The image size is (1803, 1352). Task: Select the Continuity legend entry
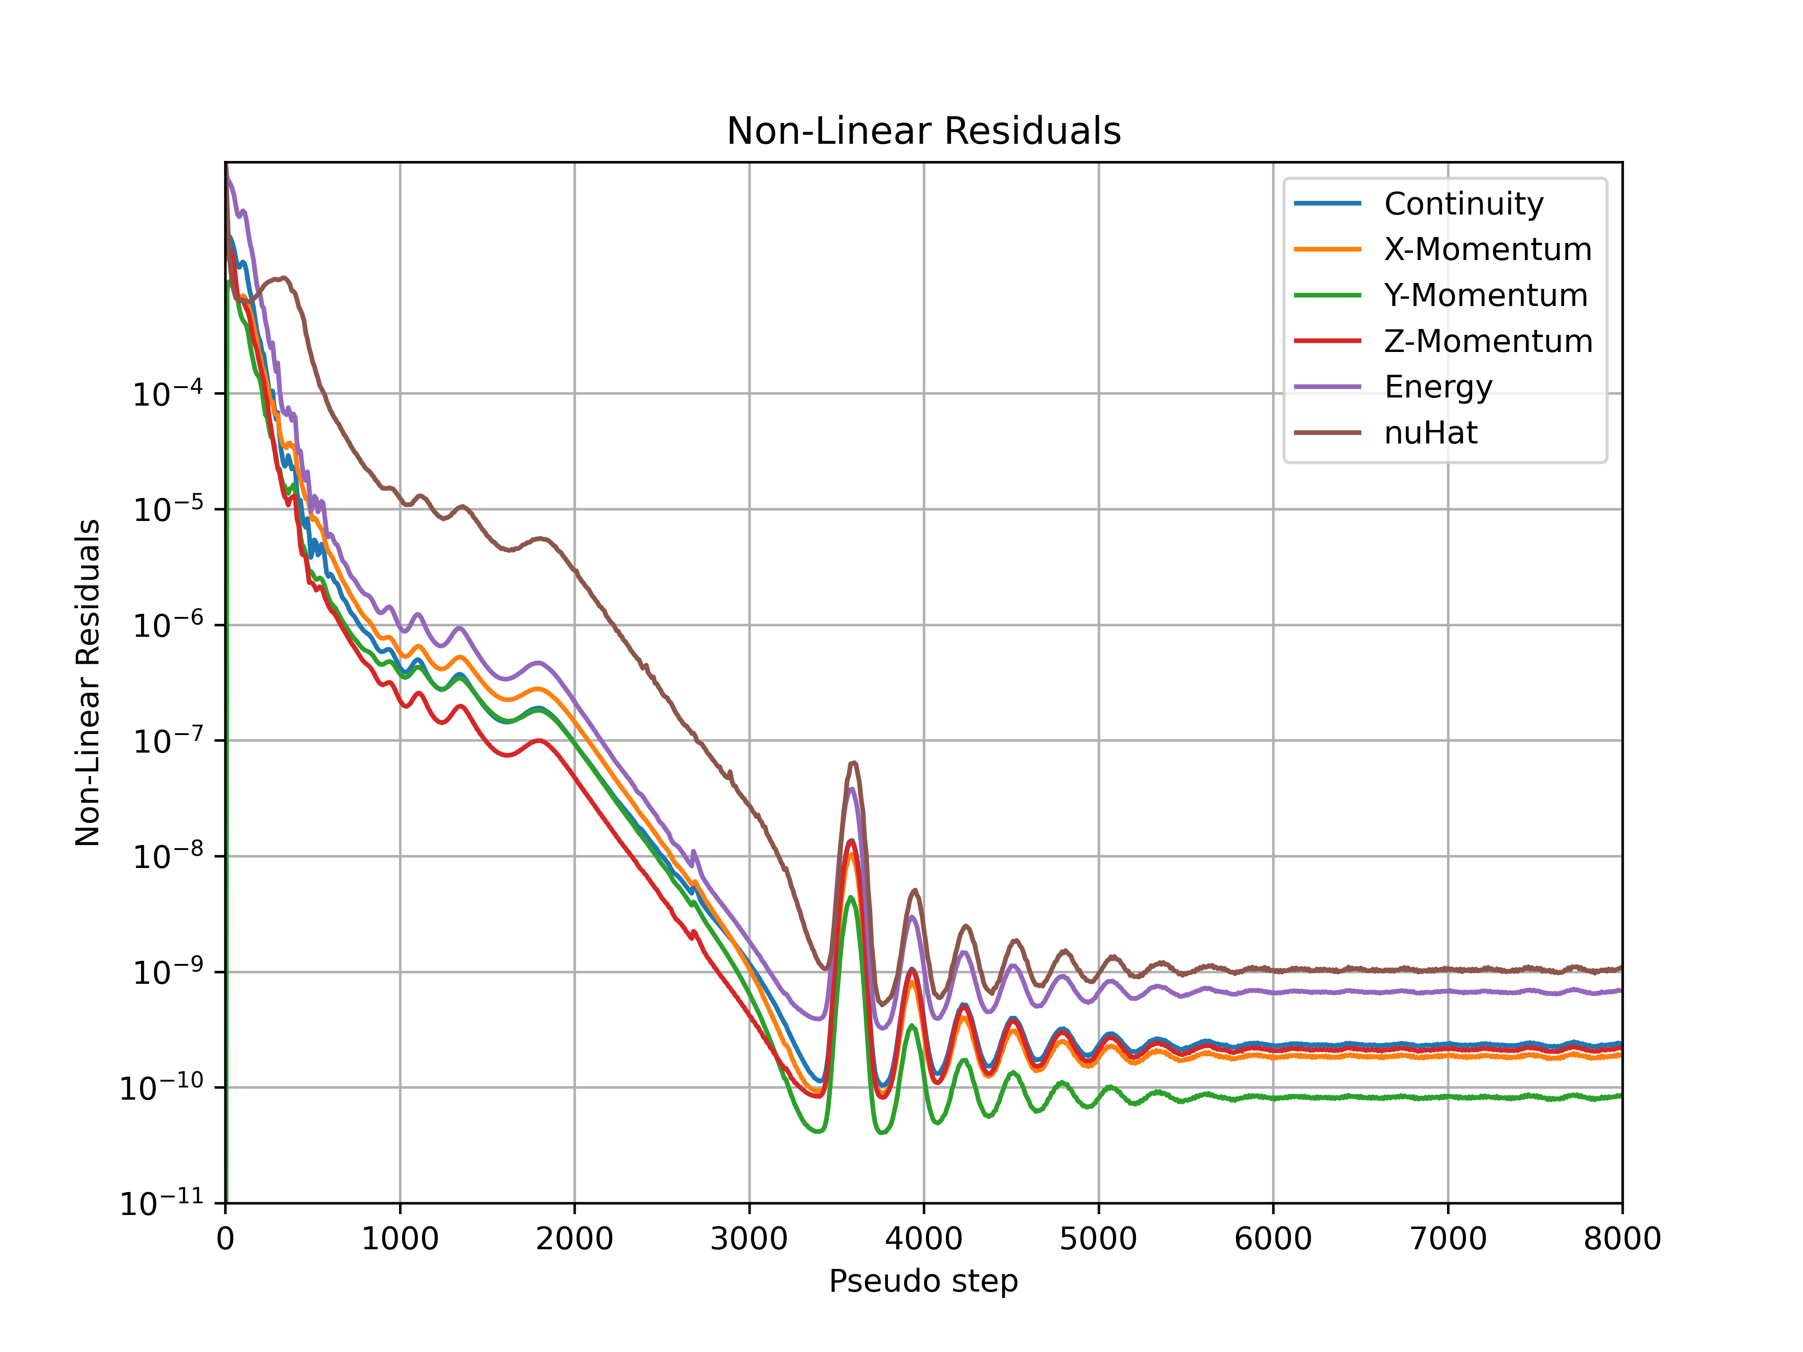coord(1463,204)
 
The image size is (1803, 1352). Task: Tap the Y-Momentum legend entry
coord(1485,295)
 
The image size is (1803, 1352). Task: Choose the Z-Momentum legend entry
coord(1487,341)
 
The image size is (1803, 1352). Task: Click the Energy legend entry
coord(1438,386)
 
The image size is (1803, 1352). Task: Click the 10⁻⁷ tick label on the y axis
coord(167,741)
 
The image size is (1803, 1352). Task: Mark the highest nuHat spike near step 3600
coord(853,763)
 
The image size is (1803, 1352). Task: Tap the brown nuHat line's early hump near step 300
coord(281,278)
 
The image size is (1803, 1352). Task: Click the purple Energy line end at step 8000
coord(1620,990)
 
